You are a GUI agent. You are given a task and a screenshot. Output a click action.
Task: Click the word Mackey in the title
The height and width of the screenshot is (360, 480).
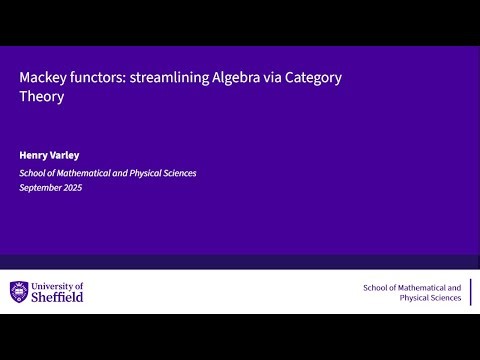(41, 77)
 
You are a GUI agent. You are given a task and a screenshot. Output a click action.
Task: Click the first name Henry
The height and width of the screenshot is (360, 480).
(34, 156)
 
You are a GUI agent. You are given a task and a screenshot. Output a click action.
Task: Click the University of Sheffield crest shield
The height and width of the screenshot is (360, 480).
(20, 292)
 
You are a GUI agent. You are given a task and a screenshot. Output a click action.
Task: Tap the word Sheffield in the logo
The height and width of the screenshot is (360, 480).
(58, 298)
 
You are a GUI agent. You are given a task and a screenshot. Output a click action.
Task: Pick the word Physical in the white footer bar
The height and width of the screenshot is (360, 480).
(415, 298)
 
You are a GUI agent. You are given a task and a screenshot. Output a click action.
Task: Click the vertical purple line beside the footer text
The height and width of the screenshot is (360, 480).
(470, 292)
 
